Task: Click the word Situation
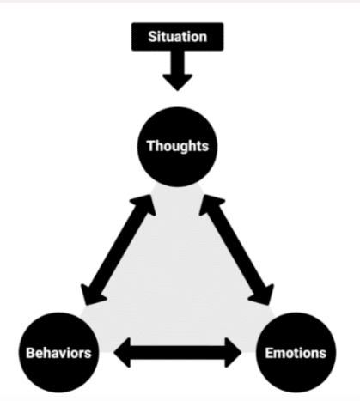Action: [x=177, y=37]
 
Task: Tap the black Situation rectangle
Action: [x=177, y=37]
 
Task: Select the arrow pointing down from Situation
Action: [x=177, y=70]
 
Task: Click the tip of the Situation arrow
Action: [x=177, y=91]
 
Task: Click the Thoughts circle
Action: [x=177, y=147]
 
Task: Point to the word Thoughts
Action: [x=178, y=146]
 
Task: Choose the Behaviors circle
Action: [x=59, y=353]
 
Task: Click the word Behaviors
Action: [x=58, y=353]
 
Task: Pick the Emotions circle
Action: [x=296, y=353]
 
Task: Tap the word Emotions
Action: [x=296, y=353]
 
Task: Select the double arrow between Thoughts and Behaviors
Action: [x=119, y=250]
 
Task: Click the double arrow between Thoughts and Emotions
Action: [x=236, y=250]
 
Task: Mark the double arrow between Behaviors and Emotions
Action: [x=178, y=353]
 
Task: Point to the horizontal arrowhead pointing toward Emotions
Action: [x=233, y=353]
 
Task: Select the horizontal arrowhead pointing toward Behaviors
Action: [x=122, y=353]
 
